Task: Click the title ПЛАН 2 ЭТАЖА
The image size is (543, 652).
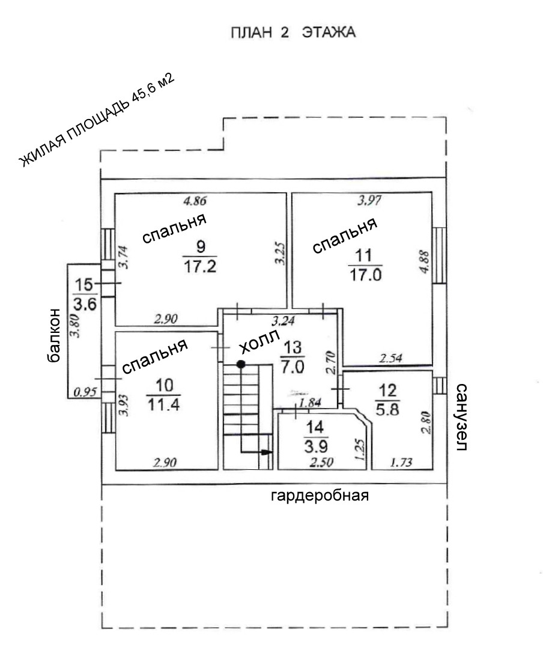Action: point(293,32)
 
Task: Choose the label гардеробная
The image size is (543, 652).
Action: point(319,496)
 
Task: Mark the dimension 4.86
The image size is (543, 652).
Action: point(196,201)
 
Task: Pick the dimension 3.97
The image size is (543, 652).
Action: point(369,201)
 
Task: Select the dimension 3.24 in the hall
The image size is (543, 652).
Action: point(284,321)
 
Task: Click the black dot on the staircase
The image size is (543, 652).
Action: point(240,364)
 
